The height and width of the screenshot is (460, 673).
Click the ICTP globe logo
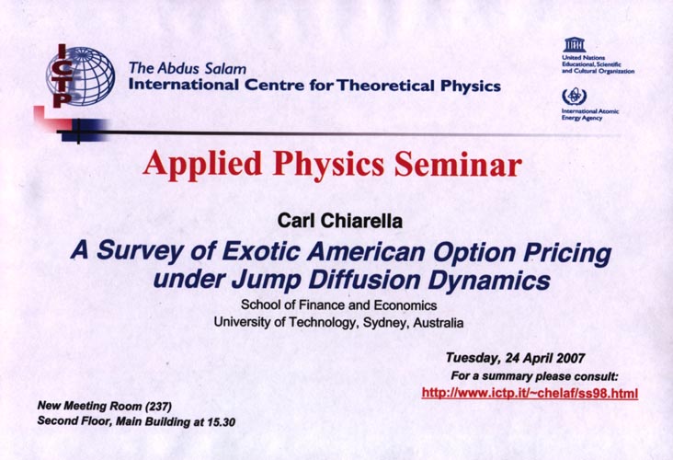point(80,75)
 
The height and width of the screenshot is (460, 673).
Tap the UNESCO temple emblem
point(575,45)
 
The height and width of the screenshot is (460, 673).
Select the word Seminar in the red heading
point(458,164)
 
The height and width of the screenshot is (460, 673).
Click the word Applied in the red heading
point(202,166)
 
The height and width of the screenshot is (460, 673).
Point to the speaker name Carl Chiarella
point(339,221)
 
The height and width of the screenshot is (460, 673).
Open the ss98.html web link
point(530,393)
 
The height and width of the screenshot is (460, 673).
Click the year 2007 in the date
point(570,358)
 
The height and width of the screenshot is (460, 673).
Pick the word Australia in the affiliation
point(439,323)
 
